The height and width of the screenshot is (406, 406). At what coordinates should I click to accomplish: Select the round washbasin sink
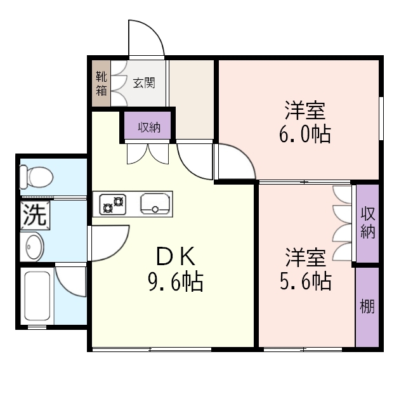click(x=34, y=246)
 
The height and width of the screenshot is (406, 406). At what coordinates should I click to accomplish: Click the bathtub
click(x=39, y=295)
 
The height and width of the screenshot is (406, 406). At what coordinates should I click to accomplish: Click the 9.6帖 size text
click(x=175, y=281)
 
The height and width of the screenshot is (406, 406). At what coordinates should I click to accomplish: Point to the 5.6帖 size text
click(x=306, y=280)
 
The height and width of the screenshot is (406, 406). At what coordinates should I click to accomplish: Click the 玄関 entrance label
click(x=143, y=82)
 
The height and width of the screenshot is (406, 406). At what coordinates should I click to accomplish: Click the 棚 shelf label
click(x=367, y=307)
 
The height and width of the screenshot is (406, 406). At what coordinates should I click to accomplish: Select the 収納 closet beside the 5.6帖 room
click(x=367, y=223)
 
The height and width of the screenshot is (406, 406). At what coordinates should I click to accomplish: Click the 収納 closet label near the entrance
click(x=149, y=127)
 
